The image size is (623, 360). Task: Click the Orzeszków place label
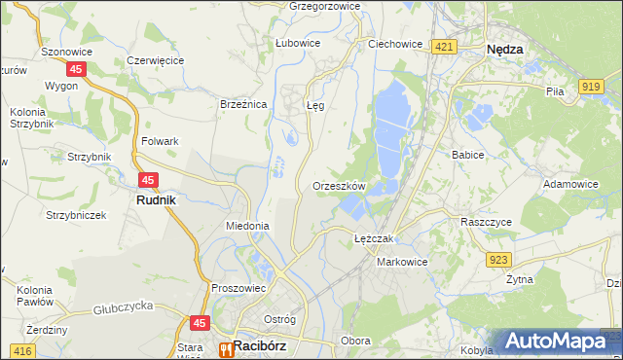pos(339,185)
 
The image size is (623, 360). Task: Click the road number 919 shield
pos(589,88)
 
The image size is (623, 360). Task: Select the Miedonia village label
pos(247,226)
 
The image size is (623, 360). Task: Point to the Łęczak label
pos(373,238)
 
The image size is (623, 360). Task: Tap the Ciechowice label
pos(394,44)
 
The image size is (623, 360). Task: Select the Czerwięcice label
pos(156,60)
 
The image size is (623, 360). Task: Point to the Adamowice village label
pos(570,183)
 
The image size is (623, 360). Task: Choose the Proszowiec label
pos(238,288)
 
